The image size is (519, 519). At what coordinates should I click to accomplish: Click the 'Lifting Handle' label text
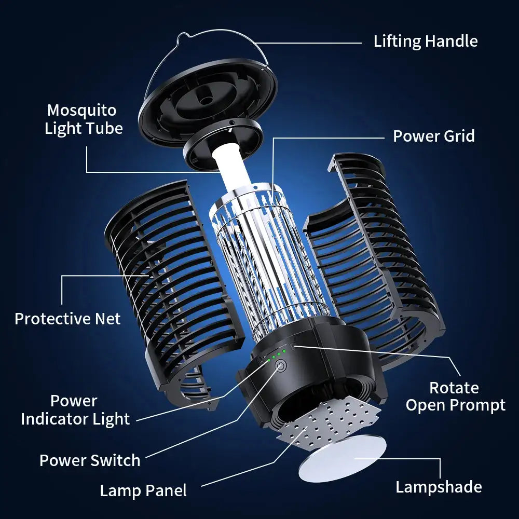(x=426, y=42)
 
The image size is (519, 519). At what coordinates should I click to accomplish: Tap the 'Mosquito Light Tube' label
(x=84, y=119)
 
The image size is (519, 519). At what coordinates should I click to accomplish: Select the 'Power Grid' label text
(x=433, y=136)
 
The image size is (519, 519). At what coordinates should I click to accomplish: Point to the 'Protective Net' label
(x=67, y=318)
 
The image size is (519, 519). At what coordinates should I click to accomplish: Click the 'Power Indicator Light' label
(x=75, y=409)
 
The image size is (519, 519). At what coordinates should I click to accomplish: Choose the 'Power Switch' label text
(x=90, y=460)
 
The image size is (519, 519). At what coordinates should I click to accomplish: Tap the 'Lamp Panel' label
(x=143, y=490)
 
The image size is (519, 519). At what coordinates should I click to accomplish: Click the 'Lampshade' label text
(x=439, y=487)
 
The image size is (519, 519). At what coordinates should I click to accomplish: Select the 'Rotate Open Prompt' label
(x=455, y=396)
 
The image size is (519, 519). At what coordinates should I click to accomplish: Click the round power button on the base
(x=280, y=366)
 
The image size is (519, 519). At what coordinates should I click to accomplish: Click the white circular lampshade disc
(x=343, y=458)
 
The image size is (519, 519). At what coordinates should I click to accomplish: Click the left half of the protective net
(x=166, y=280)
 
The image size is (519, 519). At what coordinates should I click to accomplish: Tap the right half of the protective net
(x=374, y=249)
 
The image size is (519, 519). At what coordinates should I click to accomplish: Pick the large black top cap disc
(x=208, y=99)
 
